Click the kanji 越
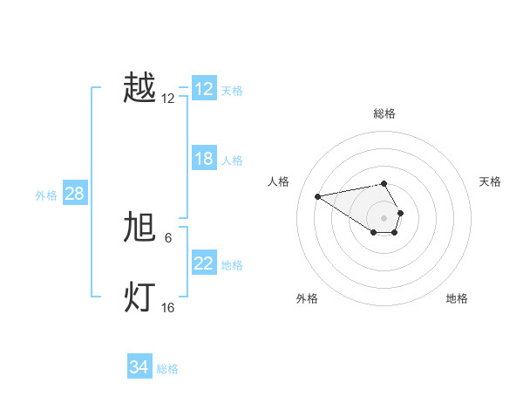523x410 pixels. pos(139,88)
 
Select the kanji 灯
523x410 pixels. pos(139,297)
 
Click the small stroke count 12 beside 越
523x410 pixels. pos(168,99)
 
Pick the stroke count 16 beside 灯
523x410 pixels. pos(168,308)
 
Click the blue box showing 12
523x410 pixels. pos(204,89)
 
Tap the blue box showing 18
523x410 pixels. pos(204,159)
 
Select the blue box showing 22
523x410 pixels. pos(204,263)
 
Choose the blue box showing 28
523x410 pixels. pos(75,194)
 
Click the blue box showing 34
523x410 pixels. pos(139,367)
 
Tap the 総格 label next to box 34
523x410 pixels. pos(167,369)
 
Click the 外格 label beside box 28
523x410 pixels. pos(46,195)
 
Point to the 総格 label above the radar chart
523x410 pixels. pos(384,113)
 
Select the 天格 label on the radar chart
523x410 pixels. pos(491,181)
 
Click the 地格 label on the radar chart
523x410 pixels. pos(457,298)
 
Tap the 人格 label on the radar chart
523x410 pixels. pos(279,181)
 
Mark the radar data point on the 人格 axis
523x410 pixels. pos(317,195)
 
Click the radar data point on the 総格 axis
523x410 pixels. pos(384,183)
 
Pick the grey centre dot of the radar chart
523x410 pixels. pos(384,217)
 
